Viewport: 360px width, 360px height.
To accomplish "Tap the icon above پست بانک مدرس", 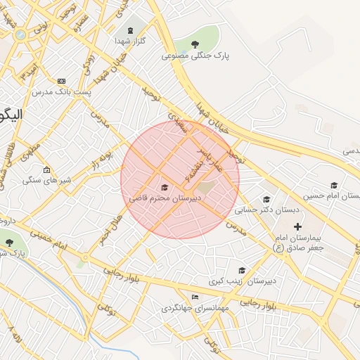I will click(x=62, y=82).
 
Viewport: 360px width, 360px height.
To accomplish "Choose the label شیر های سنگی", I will click(x=47, y=181).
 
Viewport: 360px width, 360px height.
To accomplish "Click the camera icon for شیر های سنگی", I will click(x=47, y=169).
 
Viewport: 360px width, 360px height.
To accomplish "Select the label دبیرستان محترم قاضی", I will click(x=165, y=198).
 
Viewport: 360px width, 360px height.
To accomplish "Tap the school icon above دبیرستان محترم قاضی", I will click(x=165, y=187).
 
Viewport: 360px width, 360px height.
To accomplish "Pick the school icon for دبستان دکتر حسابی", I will click(x=266, y=200).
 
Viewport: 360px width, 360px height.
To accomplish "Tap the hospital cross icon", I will click(x=297, y=226).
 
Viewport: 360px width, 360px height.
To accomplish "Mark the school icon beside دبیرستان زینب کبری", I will click(x=242, y=271).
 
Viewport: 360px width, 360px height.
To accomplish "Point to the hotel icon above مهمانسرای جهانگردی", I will click(x=195, y=297).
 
